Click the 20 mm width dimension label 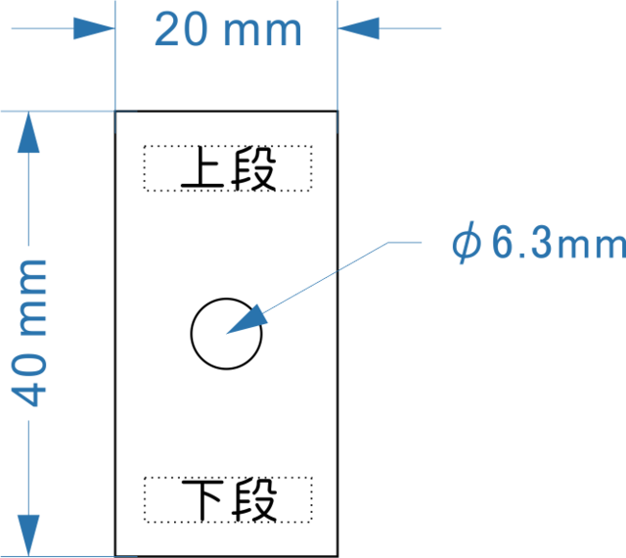[228, 31]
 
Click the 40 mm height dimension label [32, 333]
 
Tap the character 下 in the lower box [200, 500]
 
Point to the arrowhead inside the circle [247, 319]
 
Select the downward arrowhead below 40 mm [30, 534]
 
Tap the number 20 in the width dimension [181, 31]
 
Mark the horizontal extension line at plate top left [59, 112]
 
